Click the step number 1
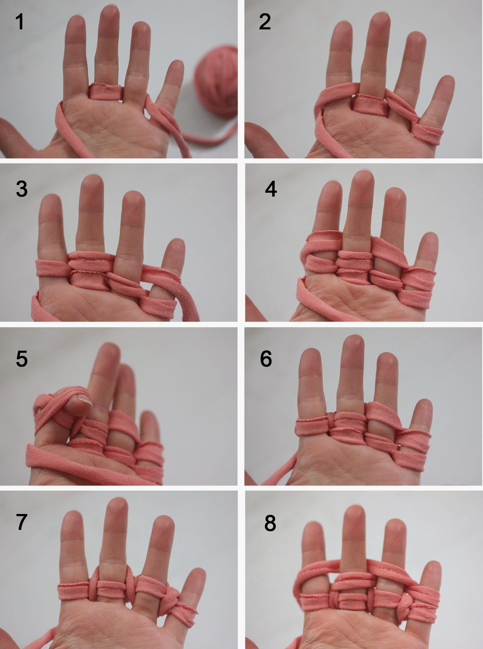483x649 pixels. pyautogui.click(x=20, y=22)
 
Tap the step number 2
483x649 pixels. pyautogui.click(x=265, y=22)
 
